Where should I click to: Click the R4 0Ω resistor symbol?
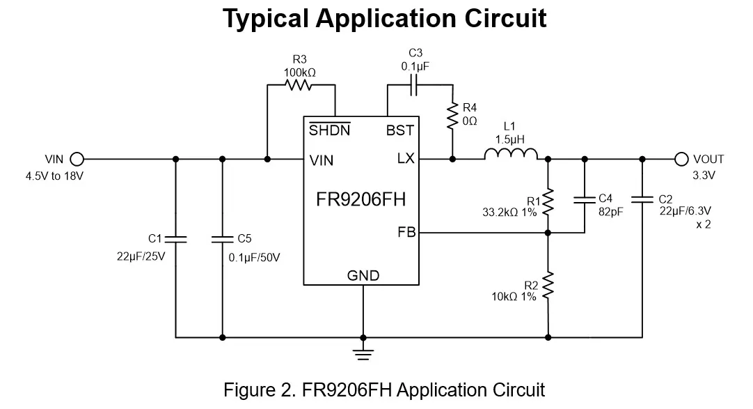point(452,115)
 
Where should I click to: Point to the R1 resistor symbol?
point(548,203)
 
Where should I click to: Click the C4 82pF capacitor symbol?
point(583,200)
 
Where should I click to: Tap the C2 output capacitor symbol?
point(642,200)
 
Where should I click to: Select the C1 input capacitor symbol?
point(175,239)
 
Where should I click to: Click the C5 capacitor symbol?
point(222,239)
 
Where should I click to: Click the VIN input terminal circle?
point(77,159)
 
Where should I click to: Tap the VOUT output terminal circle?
point(682,159)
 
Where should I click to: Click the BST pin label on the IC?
point(400,130)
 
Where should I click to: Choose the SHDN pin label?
point(329,130)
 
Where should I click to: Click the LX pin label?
point(405,159)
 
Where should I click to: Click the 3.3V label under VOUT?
point(704,176)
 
